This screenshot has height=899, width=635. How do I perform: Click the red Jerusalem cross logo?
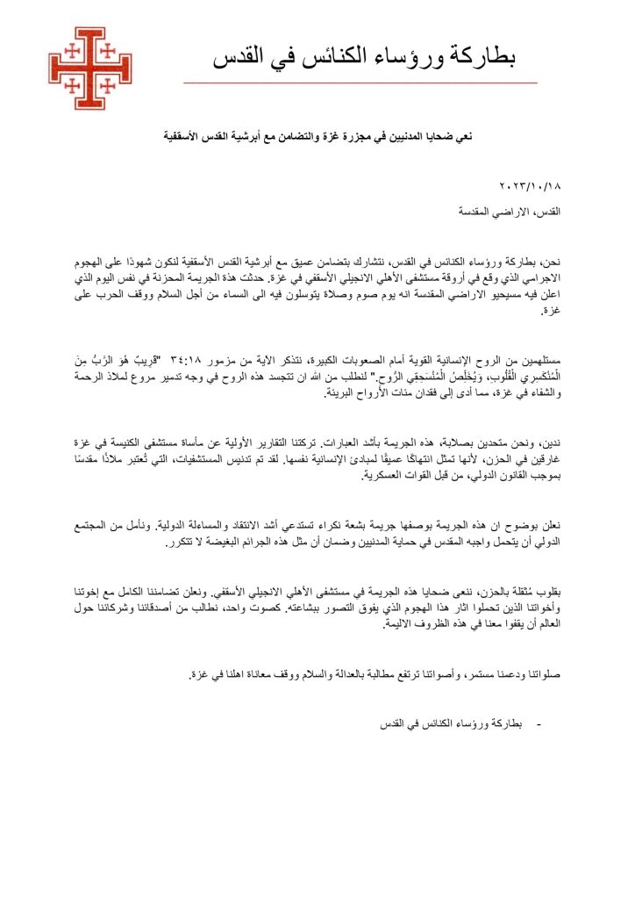coord(89,68)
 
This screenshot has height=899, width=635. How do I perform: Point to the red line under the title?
coord(360,83)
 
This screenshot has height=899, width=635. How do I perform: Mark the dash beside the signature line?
coord(537,725)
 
